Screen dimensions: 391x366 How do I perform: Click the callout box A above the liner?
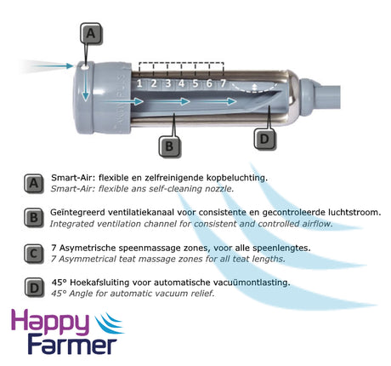click(x=91, y=33)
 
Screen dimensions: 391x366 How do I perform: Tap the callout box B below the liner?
click(x=169, y=146)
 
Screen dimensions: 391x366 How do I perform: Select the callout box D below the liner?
click(x=264, y=139)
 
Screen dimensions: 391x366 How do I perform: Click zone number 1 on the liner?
click(x=139, y=83)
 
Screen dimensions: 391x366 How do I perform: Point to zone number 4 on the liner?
click(x=181, y=83)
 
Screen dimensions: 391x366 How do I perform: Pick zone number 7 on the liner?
click(x=223, y=83)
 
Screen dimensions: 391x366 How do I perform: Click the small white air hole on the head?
click(x=84, y=67)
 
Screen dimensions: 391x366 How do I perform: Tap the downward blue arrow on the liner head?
click(x=86, y=84)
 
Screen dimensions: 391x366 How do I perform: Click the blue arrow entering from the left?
click(x=54, y=66)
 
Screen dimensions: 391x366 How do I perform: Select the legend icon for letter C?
click(x=34, y=254)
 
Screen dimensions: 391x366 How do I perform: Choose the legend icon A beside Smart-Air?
click(x=34, y=184)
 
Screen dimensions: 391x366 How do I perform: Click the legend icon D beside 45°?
click(x=34, y=288)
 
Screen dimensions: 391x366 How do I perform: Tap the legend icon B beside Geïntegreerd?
click(x=34, y=218)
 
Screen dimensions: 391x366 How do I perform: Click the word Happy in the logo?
click(x=50, y=323)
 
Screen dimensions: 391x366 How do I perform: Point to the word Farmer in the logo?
click(x=72, y=346)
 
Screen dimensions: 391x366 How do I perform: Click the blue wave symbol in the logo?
click(x=109, y=323)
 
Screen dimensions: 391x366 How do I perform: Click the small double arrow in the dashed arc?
click(x=254, y=87)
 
